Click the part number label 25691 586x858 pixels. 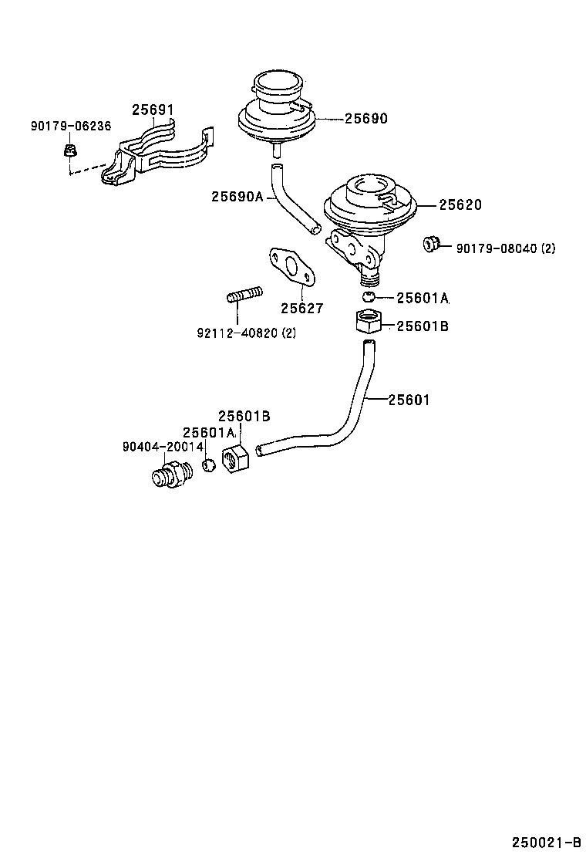(x=152, y=110)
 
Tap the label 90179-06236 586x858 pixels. (x=70, y=126)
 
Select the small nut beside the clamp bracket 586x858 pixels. (x=69, y=150)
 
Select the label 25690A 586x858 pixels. (x=237, y=197)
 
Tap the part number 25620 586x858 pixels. (x=460, y=204)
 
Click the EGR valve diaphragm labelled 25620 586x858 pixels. (x=369, y=204)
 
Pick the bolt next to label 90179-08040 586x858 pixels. (x=431, y=244)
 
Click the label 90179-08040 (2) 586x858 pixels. (x=505, y=248)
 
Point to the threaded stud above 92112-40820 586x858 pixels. (x=244, y=295)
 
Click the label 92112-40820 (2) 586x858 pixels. (x=246, y=333)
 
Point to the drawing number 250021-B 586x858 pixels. (x=545, y=841)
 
